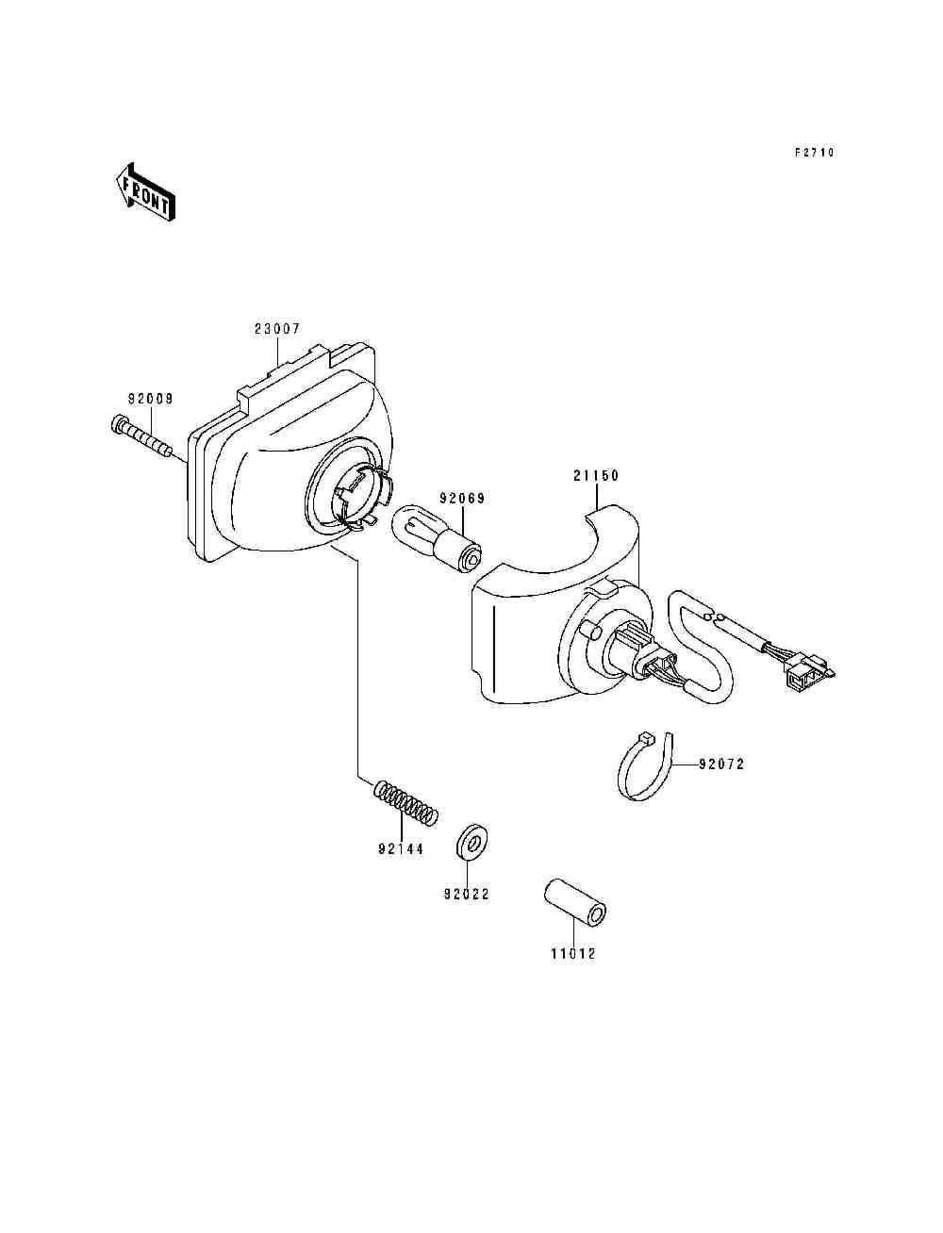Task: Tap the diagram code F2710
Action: [813, 153]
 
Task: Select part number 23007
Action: [277, 329]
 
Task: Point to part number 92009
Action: [151, 399]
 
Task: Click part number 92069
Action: [461, 499]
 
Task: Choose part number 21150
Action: [596, 476]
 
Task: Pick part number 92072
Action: [721, 764]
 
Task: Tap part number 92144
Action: [401, 849]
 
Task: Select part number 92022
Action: [467, 895]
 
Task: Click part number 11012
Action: [572, 954]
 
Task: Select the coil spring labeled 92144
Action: [406, 802]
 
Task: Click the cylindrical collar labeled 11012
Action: [574, 903]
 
